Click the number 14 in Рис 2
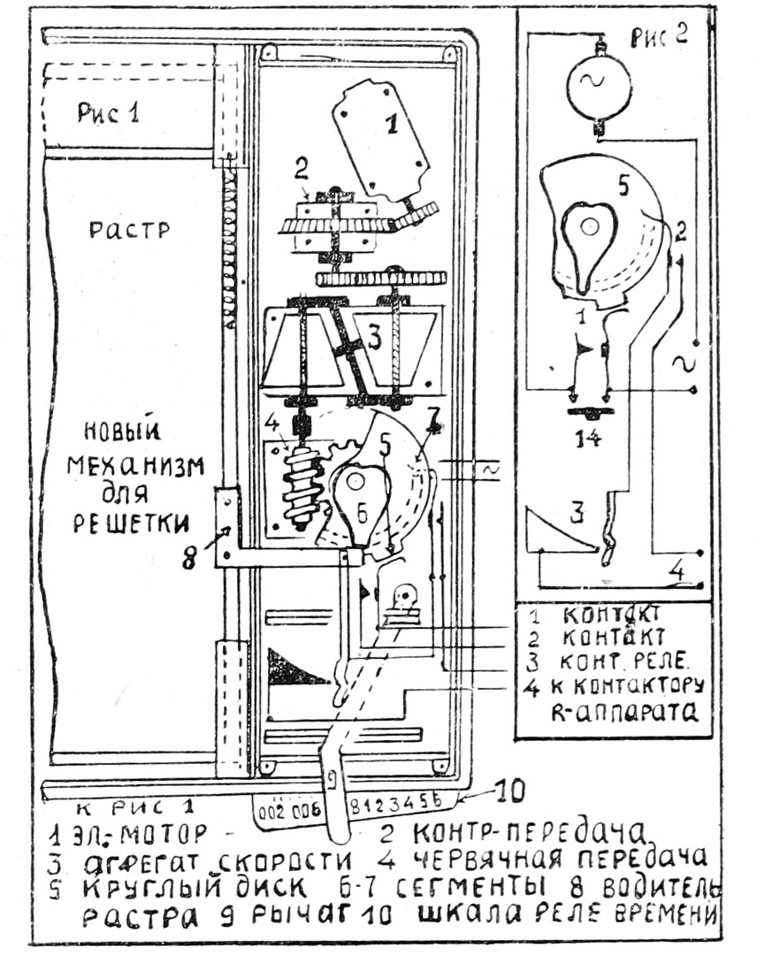pyautogui.click(x=587, y=436)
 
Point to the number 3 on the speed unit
pyautogui.click(x=375, y=338)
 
